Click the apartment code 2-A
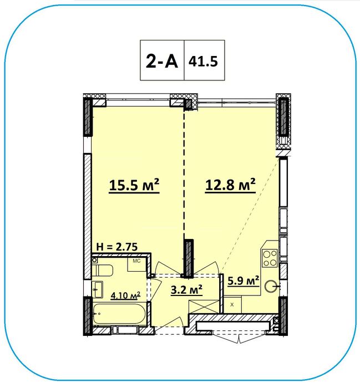(162, 61)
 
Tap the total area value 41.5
(203, 61)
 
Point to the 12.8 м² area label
(230, 185)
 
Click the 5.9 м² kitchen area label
(244, 281)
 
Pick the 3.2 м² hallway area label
(187, 289)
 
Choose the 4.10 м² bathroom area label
(125, 295)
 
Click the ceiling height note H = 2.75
(116, 247)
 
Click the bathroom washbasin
(98, 289)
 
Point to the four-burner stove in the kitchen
(270, 258)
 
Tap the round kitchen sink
(271, 287)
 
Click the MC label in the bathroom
(136, 261)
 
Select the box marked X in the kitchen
(232, 305)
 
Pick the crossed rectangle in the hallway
(204, 307)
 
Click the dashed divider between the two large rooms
(184, 173)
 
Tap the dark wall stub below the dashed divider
(189, 258)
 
